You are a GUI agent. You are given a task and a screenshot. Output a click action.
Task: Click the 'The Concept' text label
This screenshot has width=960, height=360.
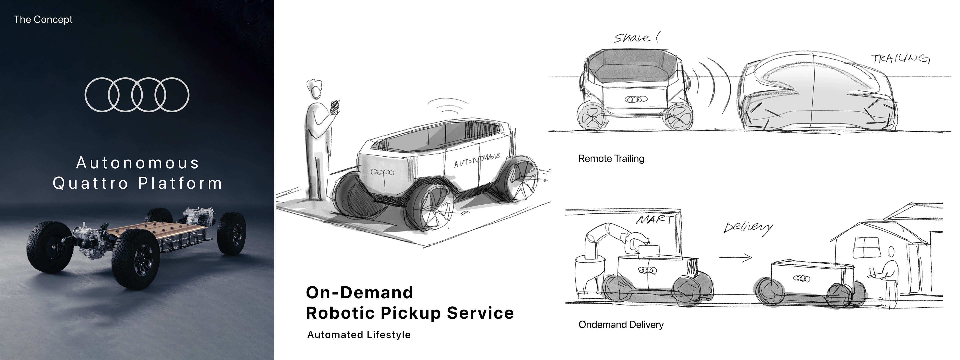(x=43, y=19)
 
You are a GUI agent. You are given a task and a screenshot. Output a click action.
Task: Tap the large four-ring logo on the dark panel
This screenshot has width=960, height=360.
(x=137, y=95)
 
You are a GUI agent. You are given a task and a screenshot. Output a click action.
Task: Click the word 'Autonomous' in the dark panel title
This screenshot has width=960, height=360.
(x=138, y=163)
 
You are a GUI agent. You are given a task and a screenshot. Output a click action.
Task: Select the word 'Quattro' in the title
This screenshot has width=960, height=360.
(x=90, y=183)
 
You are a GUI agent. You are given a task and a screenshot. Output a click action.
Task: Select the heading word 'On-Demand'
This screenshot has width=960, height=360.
(x=360, y=293)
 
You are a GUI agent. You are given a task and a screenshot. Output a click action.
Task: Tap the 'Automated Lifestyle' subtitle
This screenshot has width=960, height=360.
(x=359, y=335)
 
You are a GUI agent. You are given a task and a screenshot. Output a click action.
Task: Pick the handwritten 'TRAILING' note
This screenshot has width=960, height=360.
(x=900, y=59)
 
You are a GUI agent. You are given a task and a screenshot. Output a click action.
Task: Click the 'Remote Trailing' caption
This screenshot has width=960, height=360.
(x=611, y=159)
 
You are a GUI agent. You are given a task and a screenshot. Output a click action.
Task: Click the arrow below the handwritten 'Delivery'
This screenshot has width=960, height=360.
(x=735, y=257)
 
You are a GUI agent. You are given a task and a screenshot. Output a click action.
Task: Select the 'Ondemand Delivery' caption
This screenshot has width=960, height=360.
(x=621, y=325)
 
